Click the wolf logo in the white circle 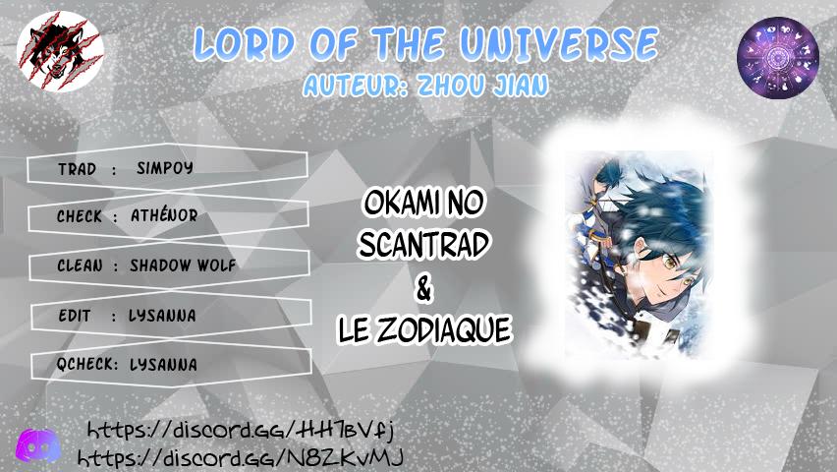coord(60,51)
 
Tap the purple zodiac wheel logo coord(778,58)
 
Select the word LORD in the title coord(245,43)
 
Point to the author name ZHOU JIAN coord(482,85)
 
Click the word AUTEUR coord(353,86)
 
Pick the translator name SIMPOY coord(165,168)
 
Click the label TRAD coord(78,169)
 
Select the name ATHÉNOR coord(164,215)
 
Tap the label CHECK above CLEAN coord(79,216)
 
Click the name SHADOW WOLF coord(183,265)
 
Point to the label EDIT coord(75,316)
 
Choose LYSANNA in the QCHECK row coord(163,365)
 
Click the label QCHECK coord(87,364)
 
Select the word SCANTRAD coord(423,245)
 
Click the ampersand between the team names coord(423,289)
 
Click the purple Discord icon coord(37,444)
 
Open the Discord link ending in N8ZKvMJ coord(241,458)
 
